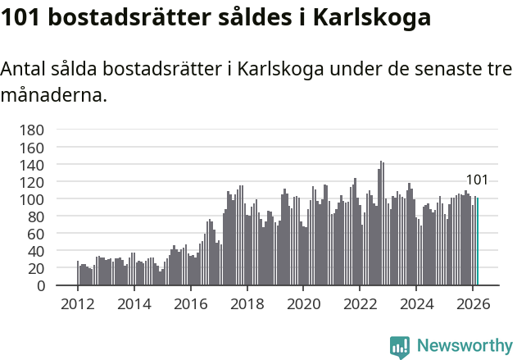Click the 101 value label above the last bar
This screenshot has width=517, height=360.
coord(477,180)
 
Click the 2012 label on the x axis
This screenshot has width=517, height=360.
coord(78,303)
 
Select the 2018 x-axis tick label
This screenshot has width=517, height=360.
coord(247,303)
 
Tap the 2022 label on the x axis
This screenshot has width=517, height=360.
coord(360,303)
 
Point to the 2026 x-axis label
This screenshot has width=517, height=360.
coord(472,303)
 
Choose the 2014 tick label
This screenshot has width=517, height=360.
coord(134,303)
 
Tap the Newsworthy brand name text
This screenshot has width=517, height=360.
coord(464,346)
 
